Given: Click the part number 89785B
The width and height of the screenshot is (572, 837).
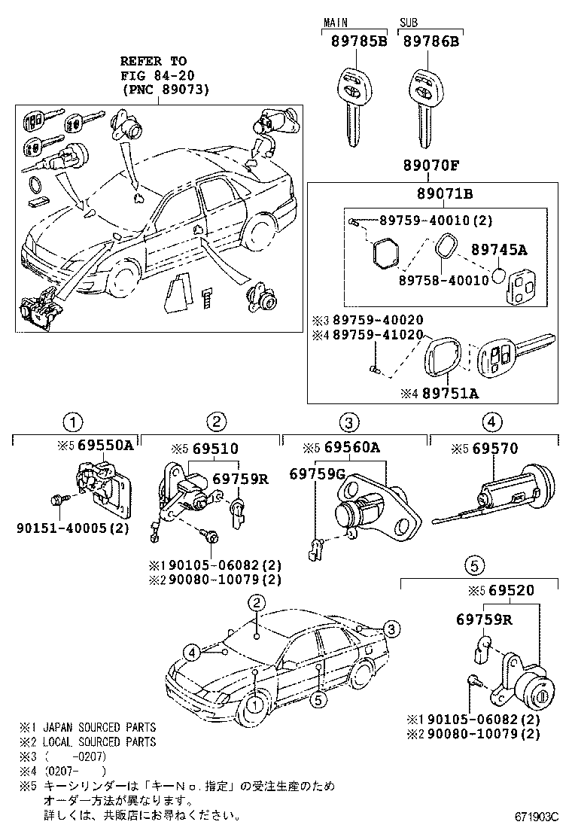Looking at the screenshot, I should [x=358, y=42].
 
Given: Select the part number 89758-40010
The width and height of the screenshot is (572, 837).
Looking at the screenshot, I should [x=429, y=279].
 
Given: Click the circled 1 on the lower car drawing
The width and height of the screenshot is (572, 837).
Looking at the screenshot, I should [x=256, y=705].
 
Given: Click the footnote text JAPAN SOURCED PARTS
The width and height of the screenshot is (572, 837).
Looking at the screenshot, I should [x=99, y=727].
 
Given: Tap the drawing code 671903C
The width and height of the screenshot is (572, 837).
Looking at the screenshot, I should [x=537, y=816].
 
